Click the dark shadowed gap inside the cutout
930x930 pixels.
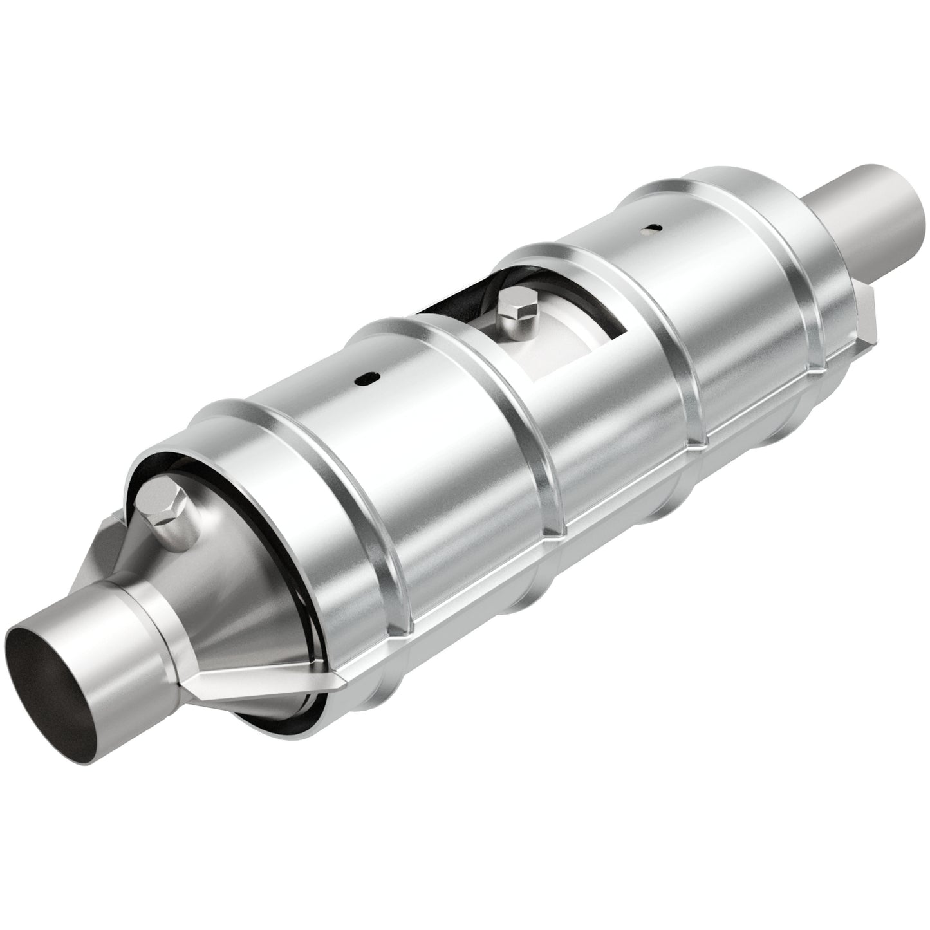click(451, 302)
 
